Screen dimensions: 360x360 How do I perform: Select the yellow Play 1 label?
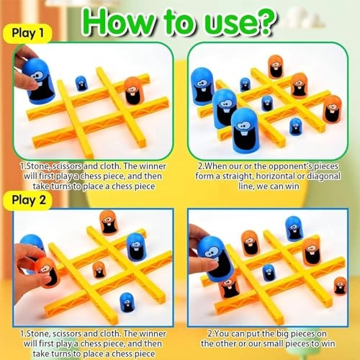[x=27, y=34]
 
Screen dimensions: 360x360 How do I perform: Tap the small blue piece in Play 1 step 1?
[x=81, y=83]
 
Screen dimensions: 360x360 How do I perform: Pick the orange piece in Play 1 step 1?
[x=132, y=92]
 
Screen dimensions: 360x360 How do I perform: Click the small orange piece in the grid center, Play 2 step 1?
[x=99, y=270]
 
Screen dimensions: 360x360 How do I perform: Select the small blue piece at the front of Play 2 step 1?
[x=126, y=300]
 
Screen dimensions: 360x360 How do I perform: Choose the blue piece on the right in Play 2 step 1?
[x=136, y=246]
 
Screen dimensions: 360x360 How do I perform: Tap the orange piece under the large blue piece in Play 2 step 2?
[x=229, y=287]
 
